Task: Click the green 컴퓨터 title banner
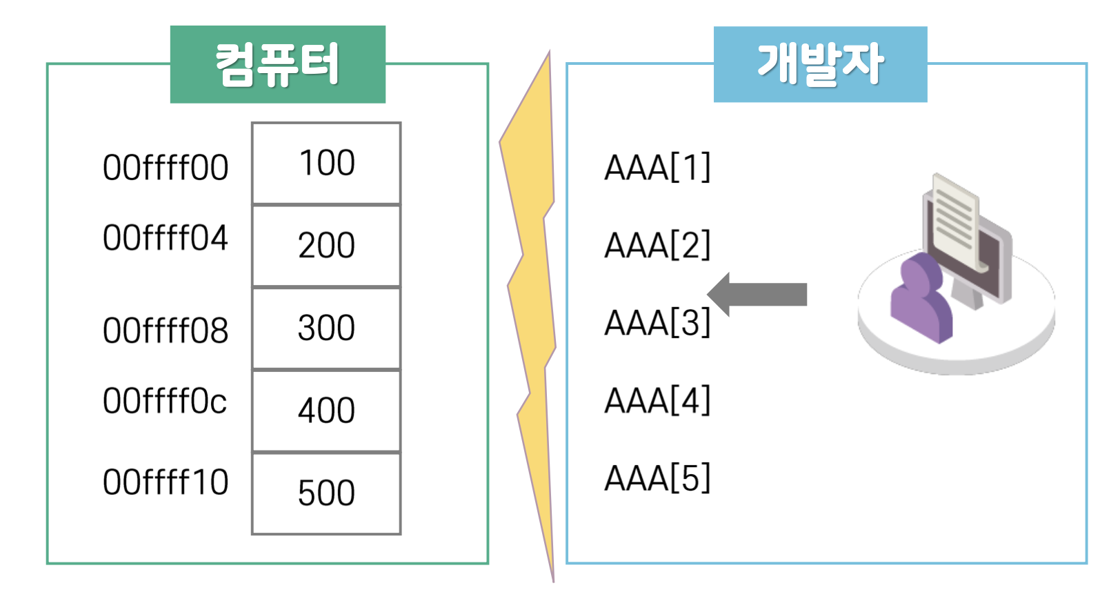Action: click(x=277, y=64)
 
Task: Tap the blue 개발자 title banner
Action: click(x=820, y=64)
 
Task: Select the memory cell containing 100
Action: click(x=326, y=164)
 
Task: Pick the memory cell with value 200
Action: click(x=326, y=246)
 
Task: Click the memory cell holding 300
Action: click(x=326, y=328)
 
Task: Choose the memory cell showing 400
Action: click(x=326, y=411)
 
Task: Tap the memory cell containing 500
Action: click(x=326, y=493)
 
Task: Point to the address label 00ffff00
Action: click(x=166, y=168)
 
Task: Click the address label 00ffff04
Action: click(x=166, y=238)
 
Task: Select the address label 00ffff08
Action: click(x=166, y=331)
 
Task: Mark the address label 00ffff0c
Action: click(x=165, y=401)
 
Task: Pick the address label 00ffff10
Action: click(x=166, y=482)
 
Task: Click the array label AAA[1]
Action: click(x=657, y=168)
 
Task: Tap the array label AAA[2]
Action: click(x=657, y=245)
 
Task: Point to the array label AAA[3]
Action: click(x=657, y=322)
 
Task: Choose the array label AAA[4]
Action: click(x=657, y=400)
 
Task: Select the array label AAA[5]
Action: click(x=657, y=478)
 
